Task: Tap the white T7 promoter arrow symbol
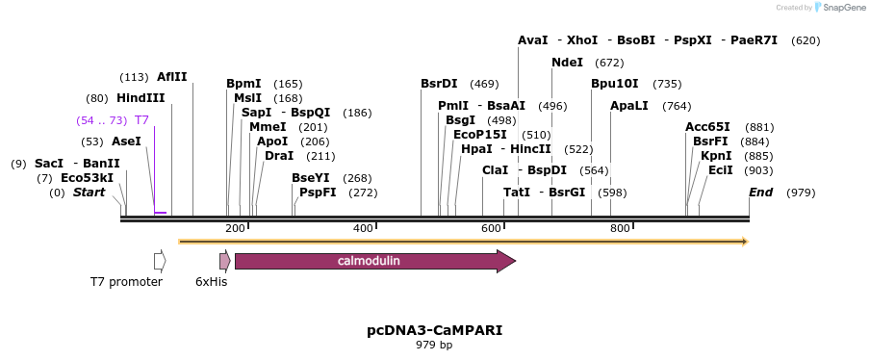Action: pos(160,261)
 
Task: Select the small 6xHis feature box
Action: pos(224,261)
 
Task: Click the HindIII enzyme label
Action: pos(141,98)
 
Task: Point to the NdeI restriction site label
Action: pos(567,63)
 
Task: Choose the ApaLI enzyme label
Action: pos(629,106)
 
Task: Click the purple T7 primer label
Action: pos(141,120)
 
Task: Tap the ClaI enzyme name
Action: pos(495,170)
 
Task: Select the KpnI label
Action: pos(716,156)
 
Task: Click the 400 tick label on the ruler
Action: pos(363,228)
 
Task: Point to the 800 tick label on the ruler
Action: pos(620,228)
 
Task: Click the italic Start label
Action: pos(89,193)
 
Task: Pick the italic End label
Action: pos(760,193)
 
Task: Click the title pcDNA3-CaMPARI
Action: pos(434,330)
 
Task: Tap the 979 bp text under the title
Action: pos(434,345)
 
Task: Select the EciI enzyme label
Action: pos(721,170)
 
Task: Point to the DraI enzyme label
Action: pos(279,156)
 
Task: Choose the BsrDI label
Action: pos(439,84)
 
